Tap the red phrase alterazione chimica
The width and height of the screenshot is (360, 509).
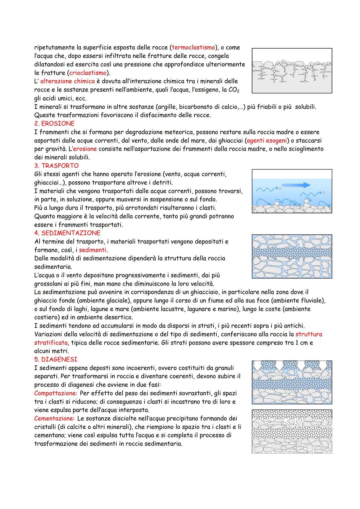68,81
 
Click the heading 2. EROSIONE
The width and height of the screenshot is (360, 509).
54,124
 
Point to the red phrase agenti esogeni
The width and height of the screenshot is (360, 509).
267,141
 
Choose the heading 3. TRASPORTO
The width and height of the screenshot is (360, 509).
56,166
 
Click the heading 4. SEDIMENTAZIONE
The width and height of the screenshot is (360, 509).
67,233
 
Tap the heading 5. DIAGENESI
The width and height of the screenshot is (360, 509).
56,360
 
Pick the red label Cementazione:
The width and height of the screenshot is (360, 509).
54,418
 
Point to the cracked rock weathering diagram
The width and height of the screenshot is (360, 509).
292,71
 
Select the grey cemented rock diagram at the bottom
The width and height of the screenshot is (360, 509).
292,431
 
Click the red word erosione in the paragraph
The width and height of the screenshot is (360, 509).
85,149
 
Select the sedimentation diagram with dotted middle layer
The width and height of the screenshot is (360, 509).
292,256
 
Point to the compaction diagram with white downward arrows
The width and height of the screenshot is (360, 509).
292,382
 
